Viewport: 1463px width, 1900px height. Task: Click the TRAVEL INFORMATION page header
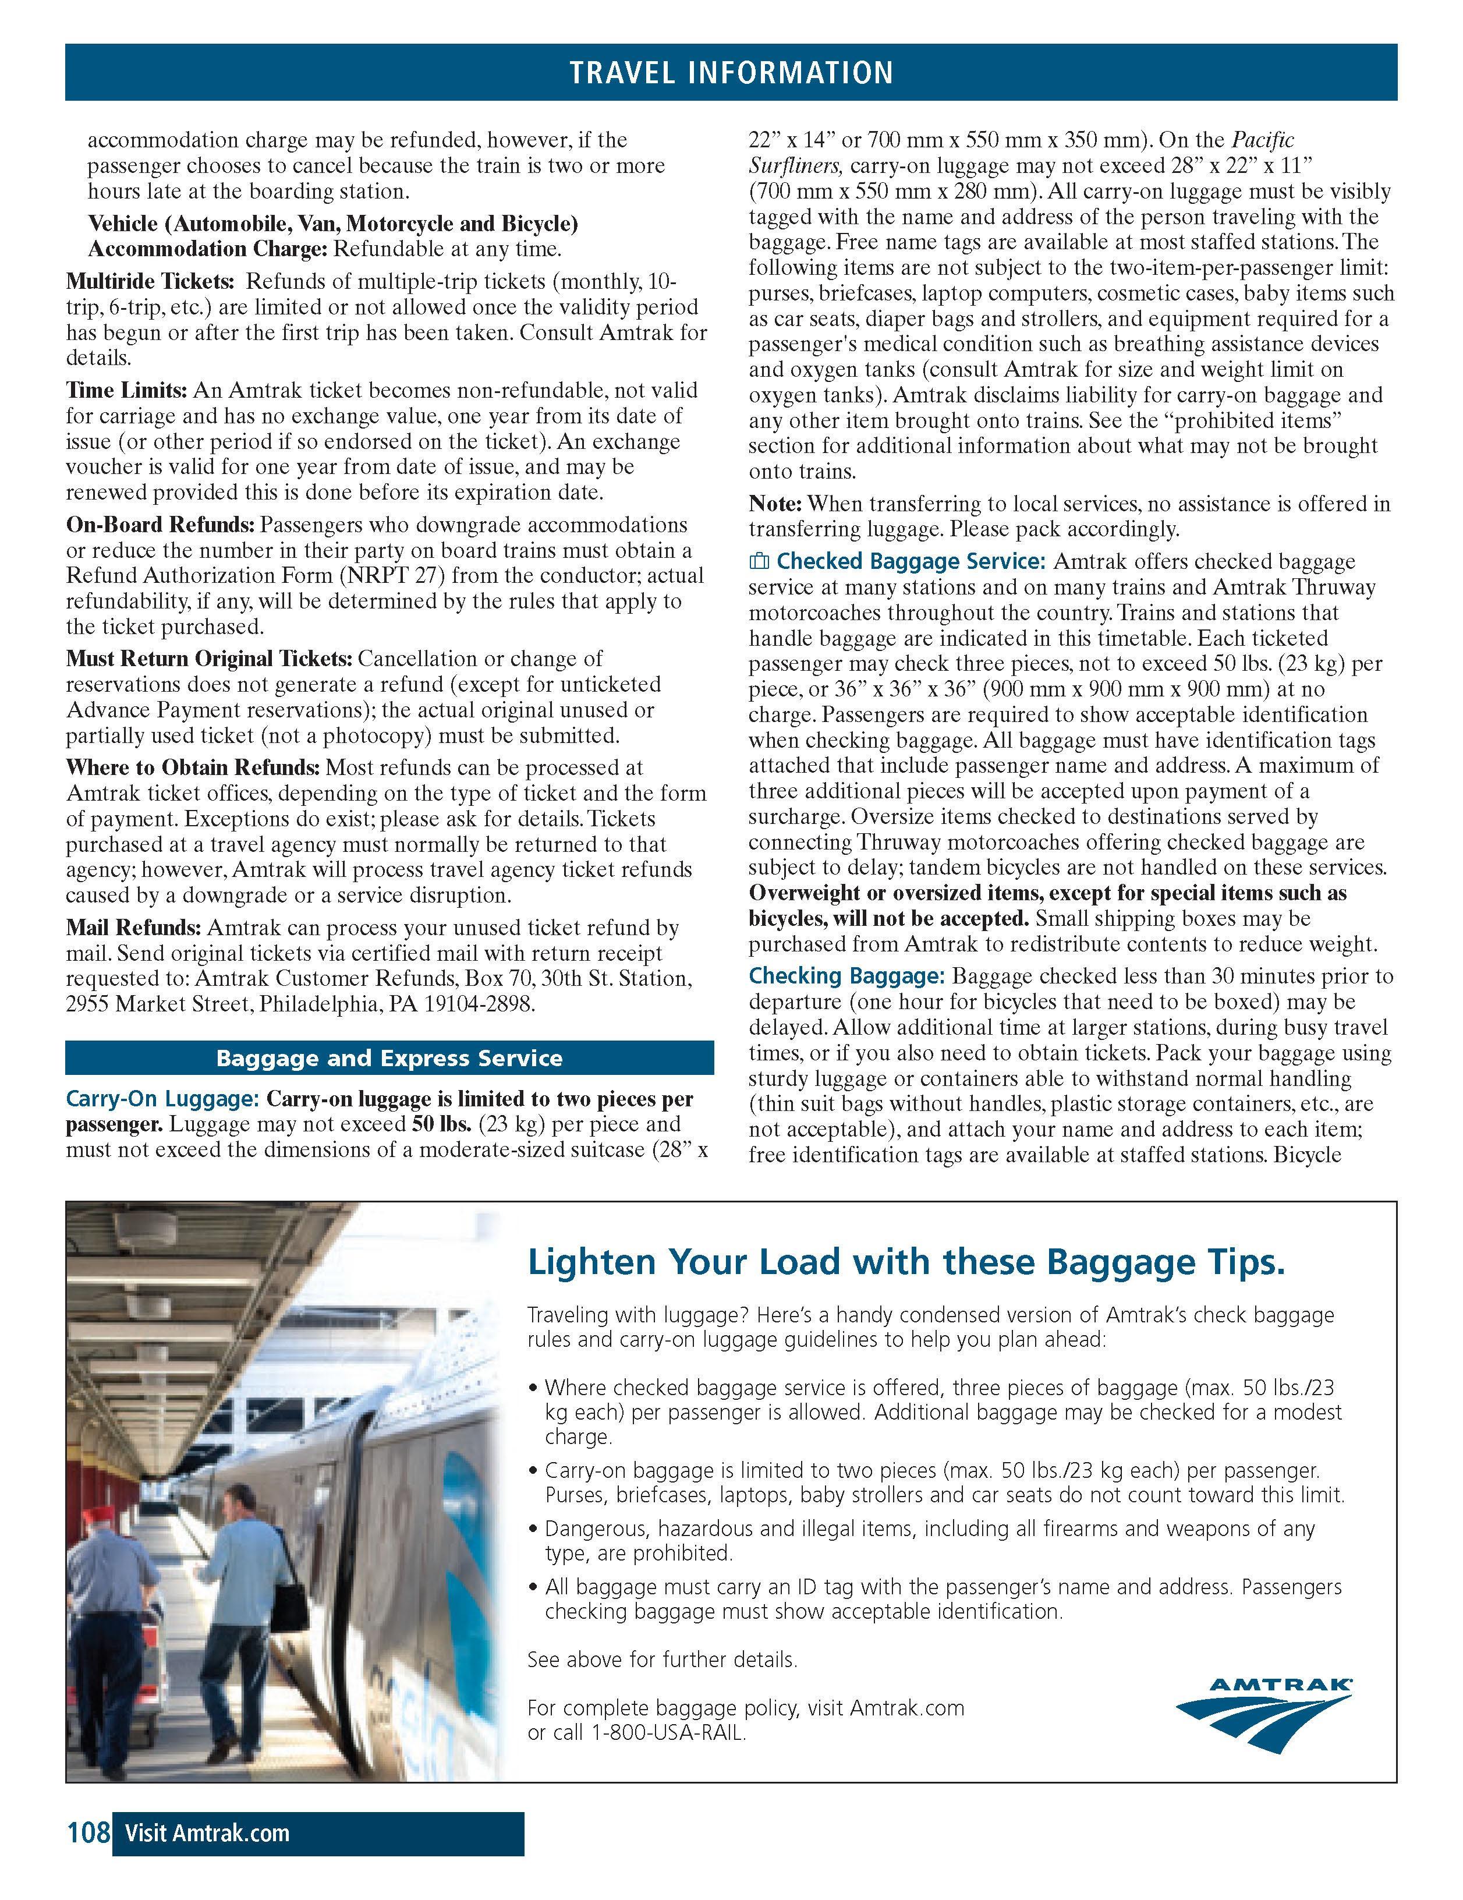pyautogui.click(x=731, y=72)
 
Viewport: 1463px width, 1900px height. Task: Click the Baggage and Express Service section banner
pyautogui.click(x=389, y=1058)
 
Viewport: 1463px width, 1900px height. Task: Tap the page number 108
pyautogui.click(x=88, y=1833)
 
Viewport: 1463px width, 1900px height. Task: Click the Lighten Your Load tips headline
pyautogui.click(x=905, y=1262)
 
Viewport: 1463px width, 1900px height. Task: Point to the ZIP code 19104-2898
pyautogui.click(x=479, y=1004)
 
